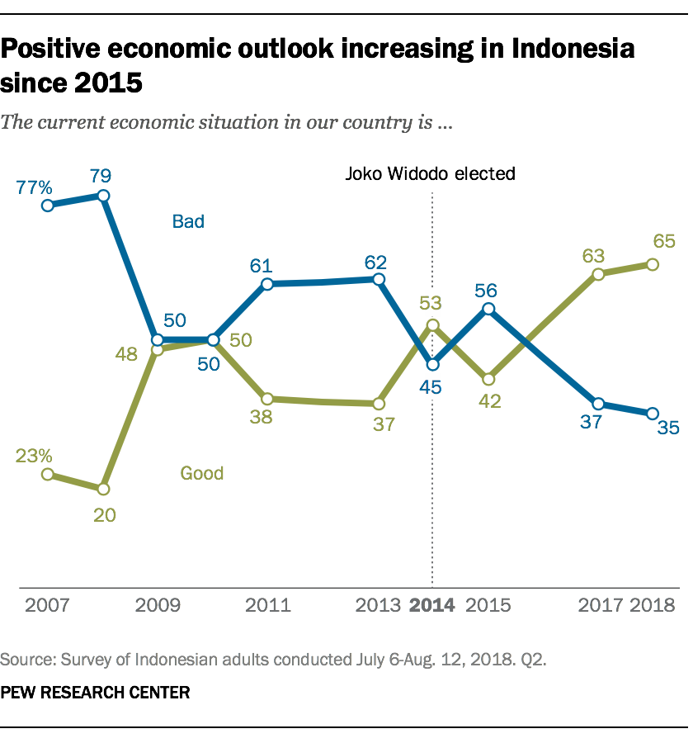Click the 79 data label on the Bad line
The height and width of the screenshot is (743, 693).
pos(103,175)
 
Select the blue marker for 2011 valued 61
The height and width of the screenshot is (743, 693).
pos(267,285)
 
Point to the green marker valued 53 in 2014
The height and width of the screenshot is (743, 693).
pos(432,325)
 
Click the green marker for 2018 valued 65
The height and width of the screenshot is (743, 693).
pos(653,264)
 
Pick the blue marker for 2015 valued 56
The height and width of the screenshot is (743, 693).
pos(488,309)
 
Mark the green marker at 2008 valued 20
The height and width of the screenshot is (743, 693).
pos(103,488)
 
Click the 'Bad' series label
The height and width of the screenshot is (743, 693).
pos(188,221)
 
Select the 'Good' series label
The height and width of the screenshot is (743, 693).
pos(202,473)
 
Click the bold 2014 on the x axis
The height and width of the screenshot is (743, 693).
pos(432,605)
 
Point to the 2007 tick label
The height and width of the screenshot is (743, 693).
pos(47,605)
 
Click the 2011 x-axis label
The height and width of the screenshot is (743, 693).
pos(268,605)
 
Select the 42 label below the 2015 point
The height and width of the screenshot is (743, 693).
pos(488,402)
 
